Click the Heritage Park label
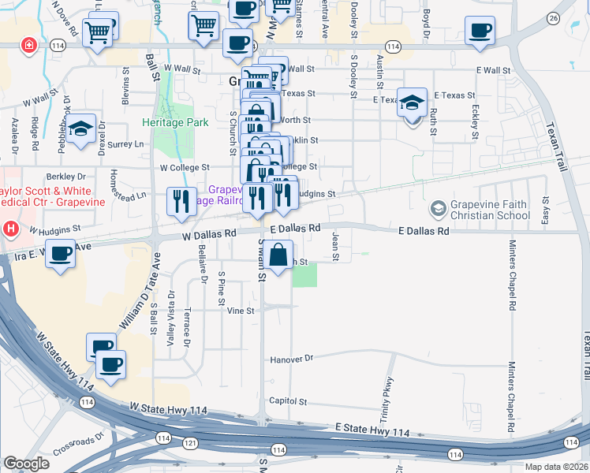175,122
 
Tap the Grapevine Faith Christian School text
490,209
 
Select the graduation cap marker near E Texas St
412,103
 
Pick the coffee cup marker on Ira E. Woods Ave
61,255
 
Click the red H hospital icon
11,230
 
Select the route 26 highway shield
553,17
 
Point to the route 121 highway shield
190,444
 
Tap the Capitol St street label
288,401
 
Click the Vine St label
241,311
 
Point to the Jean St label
335,246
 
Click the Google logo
26,464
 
